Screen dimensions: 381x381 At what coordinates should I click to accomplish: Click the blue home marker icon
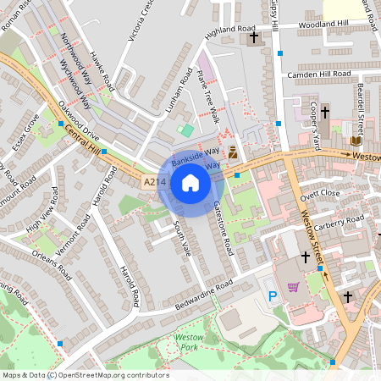[190, 182]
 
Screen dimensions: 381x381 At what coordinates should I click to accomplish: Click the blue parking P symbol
[273, 296]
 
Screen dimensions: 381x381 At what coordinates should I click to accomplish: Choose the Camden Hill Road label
[318, 75]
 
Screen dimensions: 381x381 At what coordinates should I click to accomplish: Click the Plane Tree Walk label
[207, 99]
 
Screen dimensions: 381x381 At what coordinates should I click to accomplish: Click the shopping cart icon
[293, 286]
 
